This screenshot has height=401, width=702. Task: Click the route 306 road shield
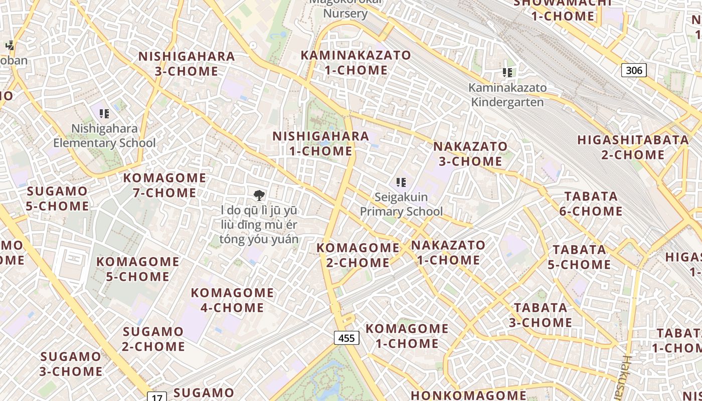tap(634, 70)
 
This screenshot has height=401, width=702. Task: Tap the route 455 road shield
tap(346, 338)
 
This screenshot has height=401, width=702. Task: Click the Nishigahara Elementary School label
tap(104, 136)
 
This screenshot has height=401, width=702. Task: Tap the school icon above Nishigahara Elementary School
tap(104, 114)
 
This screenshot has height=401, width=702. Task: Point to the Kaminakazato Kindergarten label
tap(507, 95)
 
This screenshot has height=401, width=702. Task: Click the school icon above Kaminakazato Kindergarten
tap(507, 73)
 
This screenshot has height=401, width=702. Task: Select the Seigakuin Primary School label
tap(401, 204)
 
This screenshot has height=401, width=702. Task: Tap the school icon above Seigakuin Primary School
tap(401, 182)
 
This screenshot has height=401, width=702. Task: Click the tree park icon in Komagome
tap(259, 195)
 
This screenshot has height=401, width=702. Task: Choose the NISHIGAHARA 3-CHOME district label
tap(187, 64)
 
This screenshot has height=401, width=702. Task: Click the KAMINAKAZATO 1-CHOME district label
tap(356, 63)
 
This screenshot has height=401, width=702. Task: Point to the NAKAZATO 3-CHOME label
tap(470, 154)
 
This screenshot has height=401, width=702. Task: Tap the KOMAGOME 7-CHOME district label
tap(164, 185)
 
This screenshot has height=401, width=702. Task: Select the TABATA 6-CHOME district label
tap(591, 204)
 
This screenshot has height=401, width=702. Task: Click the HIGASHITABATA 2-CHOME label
tap(633, 147)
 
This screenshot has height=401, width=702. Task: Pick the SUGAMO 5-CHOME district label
tap(57, 198)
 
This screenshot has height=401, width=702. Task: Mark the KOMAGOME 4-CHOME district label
tap(232, 300)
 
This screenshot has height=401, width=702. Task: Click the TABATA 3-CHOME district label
tap(541, 315)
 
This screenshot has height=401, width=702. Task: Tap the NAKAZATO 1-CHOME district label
tap(448, 253)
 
